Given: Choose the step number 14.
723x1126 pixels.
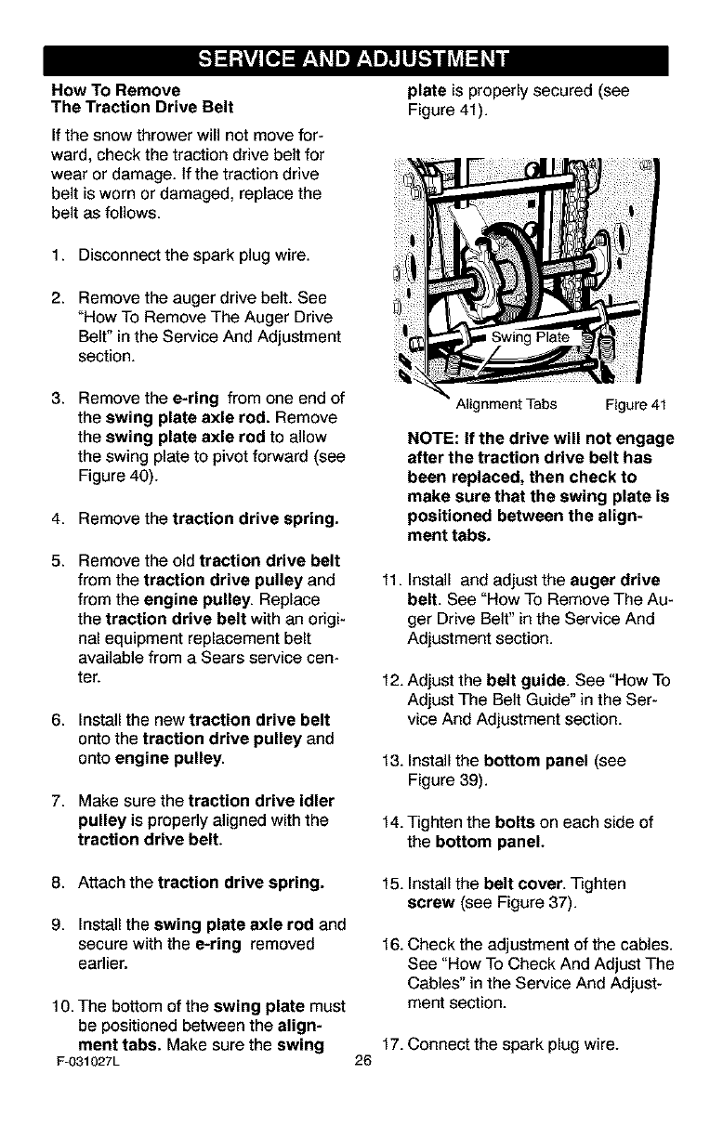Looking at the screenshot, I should click(x=391, y=822).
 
